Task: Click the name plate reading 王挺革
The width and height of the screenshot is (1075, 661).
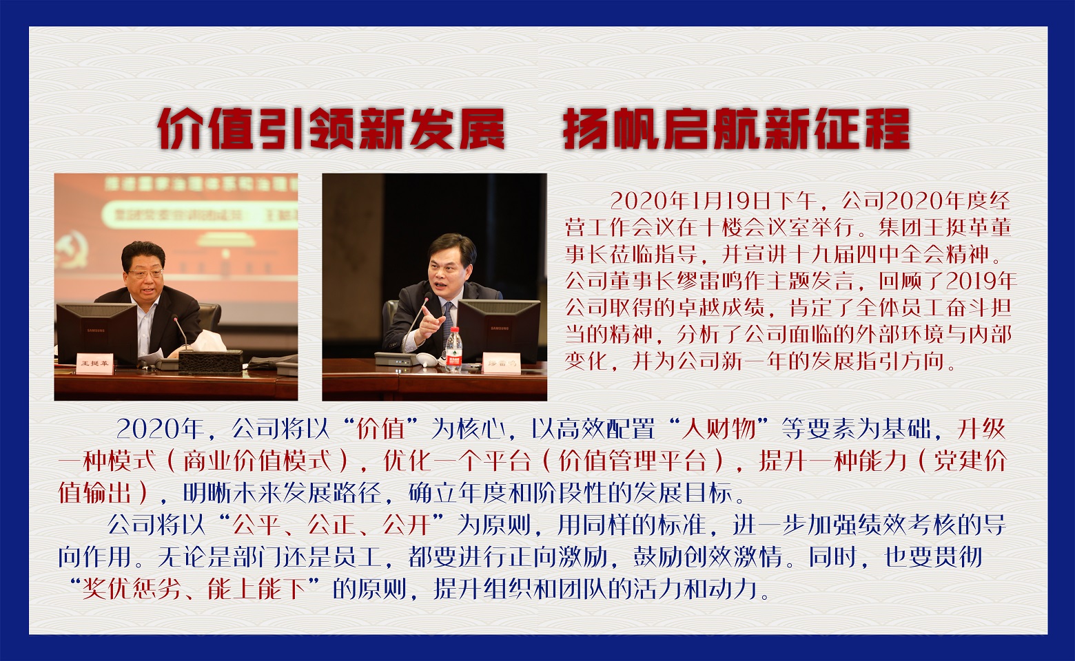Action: pos(94,364)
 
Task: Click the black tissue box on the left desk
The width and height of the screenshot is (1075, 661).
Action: pos(210,361)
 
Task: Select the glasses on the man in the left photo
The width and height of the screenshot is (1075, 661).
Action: pos(145,273)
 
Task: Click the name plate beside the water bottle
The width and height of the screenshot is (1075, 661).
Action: pos(501,363)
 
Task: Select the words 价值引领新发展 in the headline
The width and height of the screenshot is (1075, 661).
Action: pos(331,129)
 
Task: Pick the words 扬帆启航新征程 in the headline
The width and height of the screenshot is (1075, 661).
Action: pos(736,129)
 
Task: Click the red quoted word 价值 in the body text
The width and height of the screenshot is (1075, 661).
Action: pos(380,429)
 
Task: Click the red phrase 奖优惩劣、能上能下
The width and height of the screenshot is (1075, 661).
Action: pos(194,589)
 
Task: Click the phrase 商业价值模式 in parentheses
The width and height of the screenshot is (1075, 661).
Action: pos(258,461)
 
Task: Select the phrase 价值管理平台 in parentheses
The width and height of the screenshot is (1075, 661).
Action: pos(633,461)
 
